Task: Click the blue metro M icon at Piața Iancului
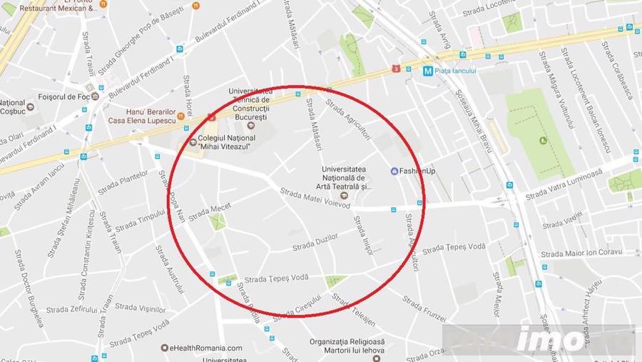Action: [427, 71]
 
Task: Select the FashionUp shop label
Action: [417, 171]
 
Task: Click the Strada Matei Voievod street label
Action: [315, 198]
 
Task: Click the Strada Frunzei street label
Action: [424, 313]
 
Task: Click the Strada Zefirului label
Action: [72, 310]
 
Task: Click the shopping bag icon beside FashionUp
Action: [394, 171]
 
